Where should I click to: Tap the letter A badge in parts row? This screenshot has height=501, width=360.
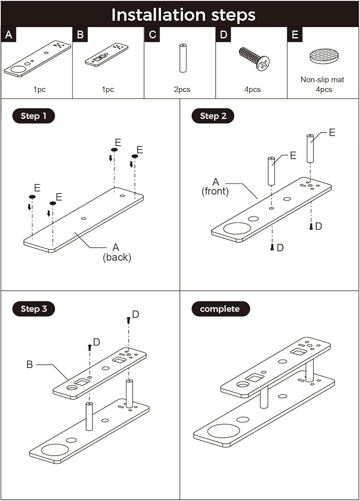(8, 35)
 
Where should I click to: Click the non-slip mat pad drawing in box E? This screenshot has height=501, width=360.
(323, 57)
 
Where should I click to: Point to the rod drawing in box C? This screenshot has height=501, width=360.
(182, 57)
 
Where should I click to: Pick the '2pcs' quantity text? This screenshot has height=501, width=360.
(181, 90)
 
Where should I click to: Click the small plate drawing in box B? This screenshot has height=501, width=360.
(107, 55)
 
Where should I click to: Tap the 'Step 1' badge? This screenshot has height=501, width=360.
(33, 116)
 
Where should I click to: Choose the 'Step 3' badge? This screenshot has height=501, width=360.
(33, 308)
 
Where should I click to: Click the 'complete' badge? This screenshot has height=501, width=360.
(219, 308)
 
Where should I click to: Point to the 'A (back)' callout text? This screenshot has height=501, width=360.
(117, 253)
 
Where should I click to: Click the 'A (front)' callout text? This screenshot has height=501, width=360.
(215, 186)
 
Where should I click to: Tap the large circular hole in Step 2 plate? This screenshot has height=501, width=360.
(236, 229)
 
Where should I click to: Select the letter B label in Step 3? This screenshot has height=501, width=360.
(30, 365)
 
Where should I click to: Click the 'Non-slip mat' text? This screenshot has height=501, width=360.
(323, 80)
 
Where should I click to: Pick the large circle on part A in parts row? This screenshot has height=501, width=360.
(17, 70)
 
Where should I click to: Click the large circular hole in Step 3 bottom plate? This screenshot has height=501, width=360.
(55, 451)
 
